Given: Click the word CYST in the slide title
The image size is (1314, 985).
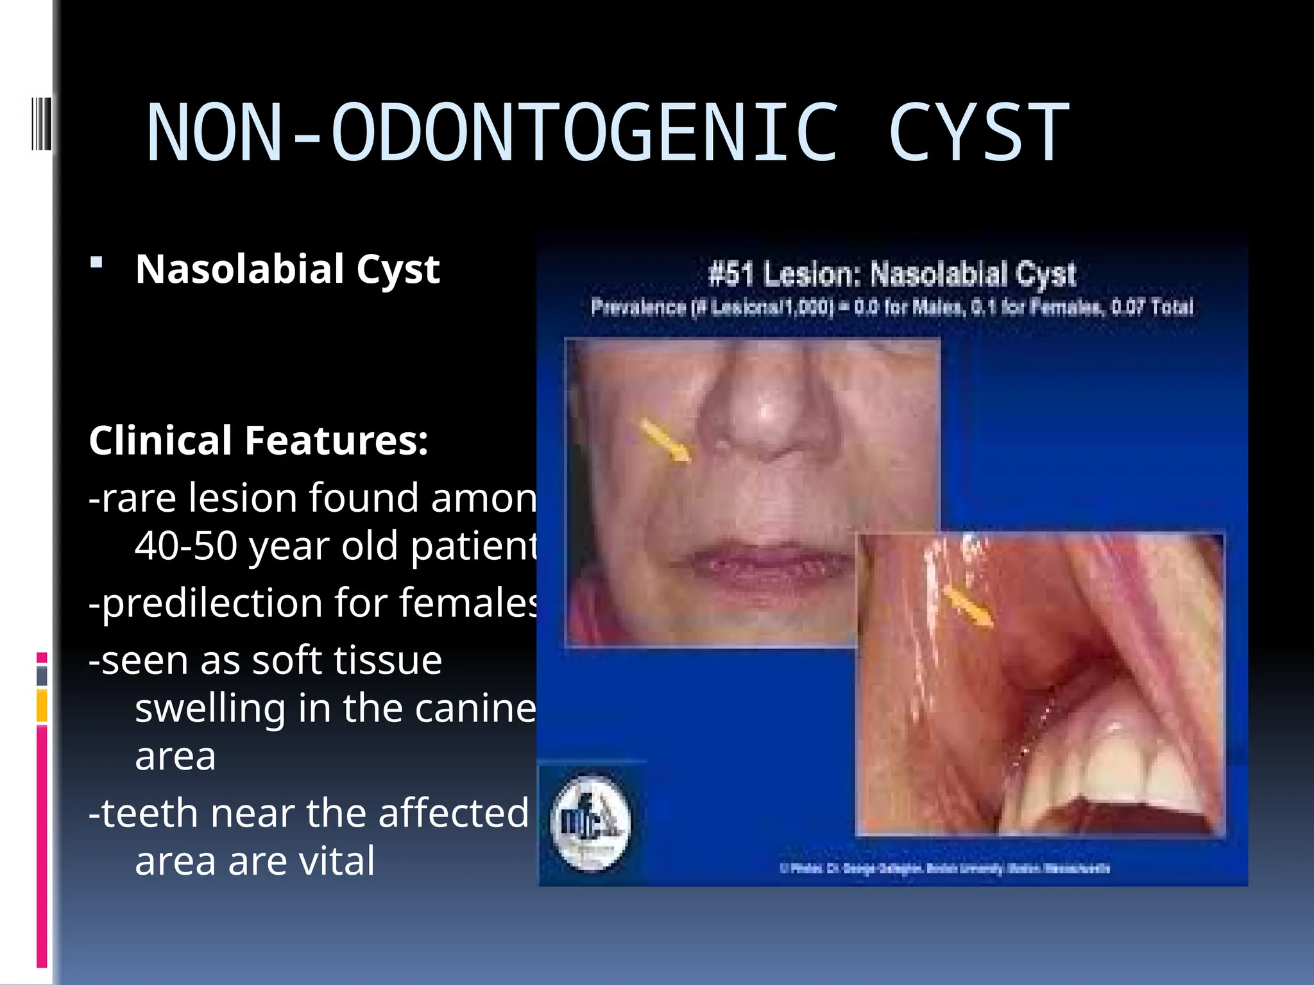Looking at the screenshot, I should coord(978,133).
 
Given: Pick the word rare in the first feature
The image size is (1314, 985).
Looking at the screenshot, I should coord(139,498).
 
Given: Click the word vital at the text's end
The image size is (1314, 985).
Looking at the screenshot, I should coord(337,861).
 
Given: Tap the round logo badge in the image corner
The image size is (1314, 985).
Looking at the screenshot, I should coord(590,823).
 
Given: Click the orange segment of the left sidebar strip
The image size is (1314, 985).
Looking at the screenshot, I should coord(42,705).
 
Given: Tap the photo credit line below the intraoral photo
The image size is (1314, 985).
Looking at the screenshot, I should coord(944,868).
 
